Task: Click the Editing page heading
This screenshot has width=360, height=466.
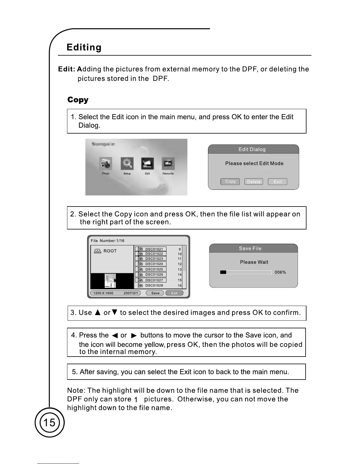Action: coord(84,47)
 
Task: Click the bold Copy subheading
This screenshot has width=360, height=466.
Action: coord(78,100)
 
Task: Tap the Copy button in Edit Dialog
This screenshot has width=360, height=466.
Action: coord(230,182)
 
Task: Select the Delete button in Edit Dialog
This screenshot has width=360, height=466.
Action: coord(254,182)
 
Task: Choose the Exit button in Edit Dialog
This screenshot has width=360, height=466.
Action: coord(277,182)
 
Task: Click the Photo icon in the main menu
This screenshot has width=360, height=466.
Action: coord(106,164)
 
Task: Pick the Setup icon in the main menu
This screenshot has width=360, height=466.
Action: coord(127,164)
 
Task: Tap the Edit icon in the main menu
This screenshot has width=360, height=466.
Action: coord(147,164)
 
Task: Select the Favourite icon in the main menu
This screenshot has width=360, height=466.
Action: coord(168,164)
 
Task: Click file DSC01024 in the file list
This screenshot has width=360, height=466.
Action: coord(154,264)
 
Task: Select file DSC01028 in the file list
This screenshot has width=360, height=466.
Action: coord(154,285)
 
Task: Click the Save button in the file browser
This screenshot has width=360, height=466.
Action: coord(155,293)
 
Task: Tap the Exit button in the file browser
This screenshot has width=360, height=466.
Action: coord(174,293)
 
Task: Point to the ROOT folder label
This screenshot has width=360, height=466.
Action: coord(110,251)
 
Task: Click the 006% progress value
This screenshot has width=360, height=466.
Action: coord(280,272)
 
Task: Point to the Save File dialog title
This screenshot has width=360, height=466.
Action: coord(250,249)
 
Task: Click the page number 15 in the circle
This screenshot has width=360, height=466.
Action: coord(49,423)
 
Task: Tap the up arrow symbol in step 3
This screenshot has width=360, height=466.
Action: coord(98,312)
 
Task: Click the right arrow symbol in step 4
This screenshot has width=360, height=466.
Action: coord(134,336)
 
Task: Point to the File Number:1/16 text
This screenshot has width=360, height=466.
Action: coord(108,241)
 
